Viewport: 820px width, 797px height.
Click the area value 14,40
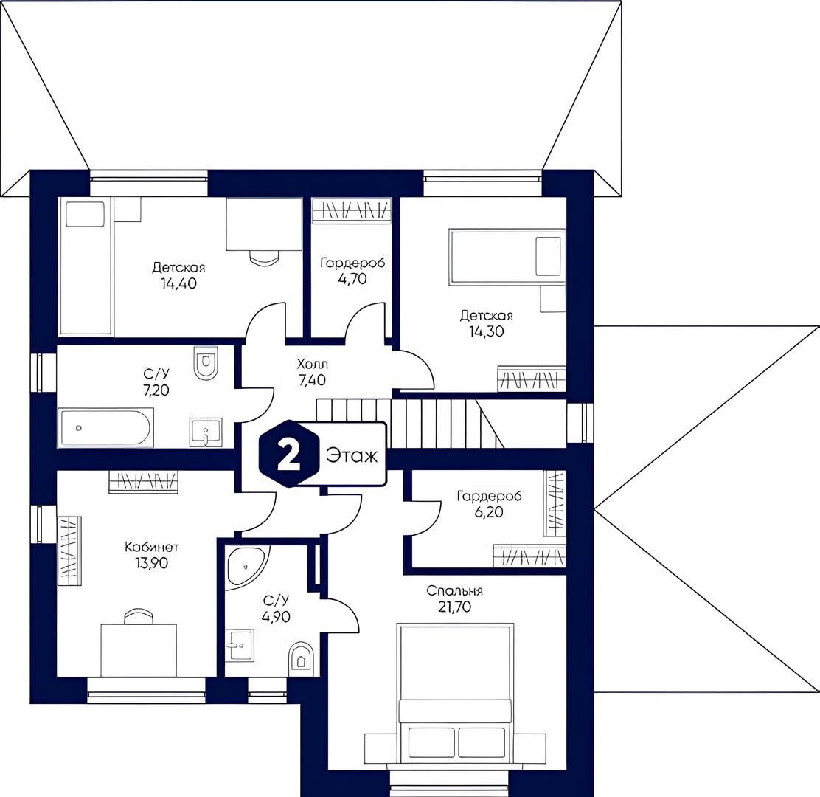[x=179, y=283]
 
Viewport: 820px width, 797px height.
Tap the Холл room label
[x=312, y=364]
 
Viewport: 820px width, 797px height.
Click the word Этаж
[x=352, y=455]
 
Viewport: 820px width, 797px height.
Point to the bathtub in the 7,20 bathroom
[x=106, y=427]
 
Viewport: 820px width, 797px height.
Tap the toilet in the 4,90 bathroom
[x=300, y=658]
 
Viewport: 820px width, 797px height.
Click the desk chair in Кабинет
[x=139, y=616]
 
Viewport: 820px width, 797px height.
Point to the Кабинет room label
[x=152, y=548]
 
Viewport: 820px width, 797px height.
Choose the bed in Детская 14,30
[x=507, y=257]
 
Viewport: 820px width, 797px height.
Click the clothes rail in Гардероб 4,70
[x=352, y=210]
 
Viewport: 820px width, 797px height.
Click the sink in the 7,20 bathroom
[x=206, y=432]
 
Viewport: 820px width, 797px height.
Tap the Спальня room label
[x=454, y=591]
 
